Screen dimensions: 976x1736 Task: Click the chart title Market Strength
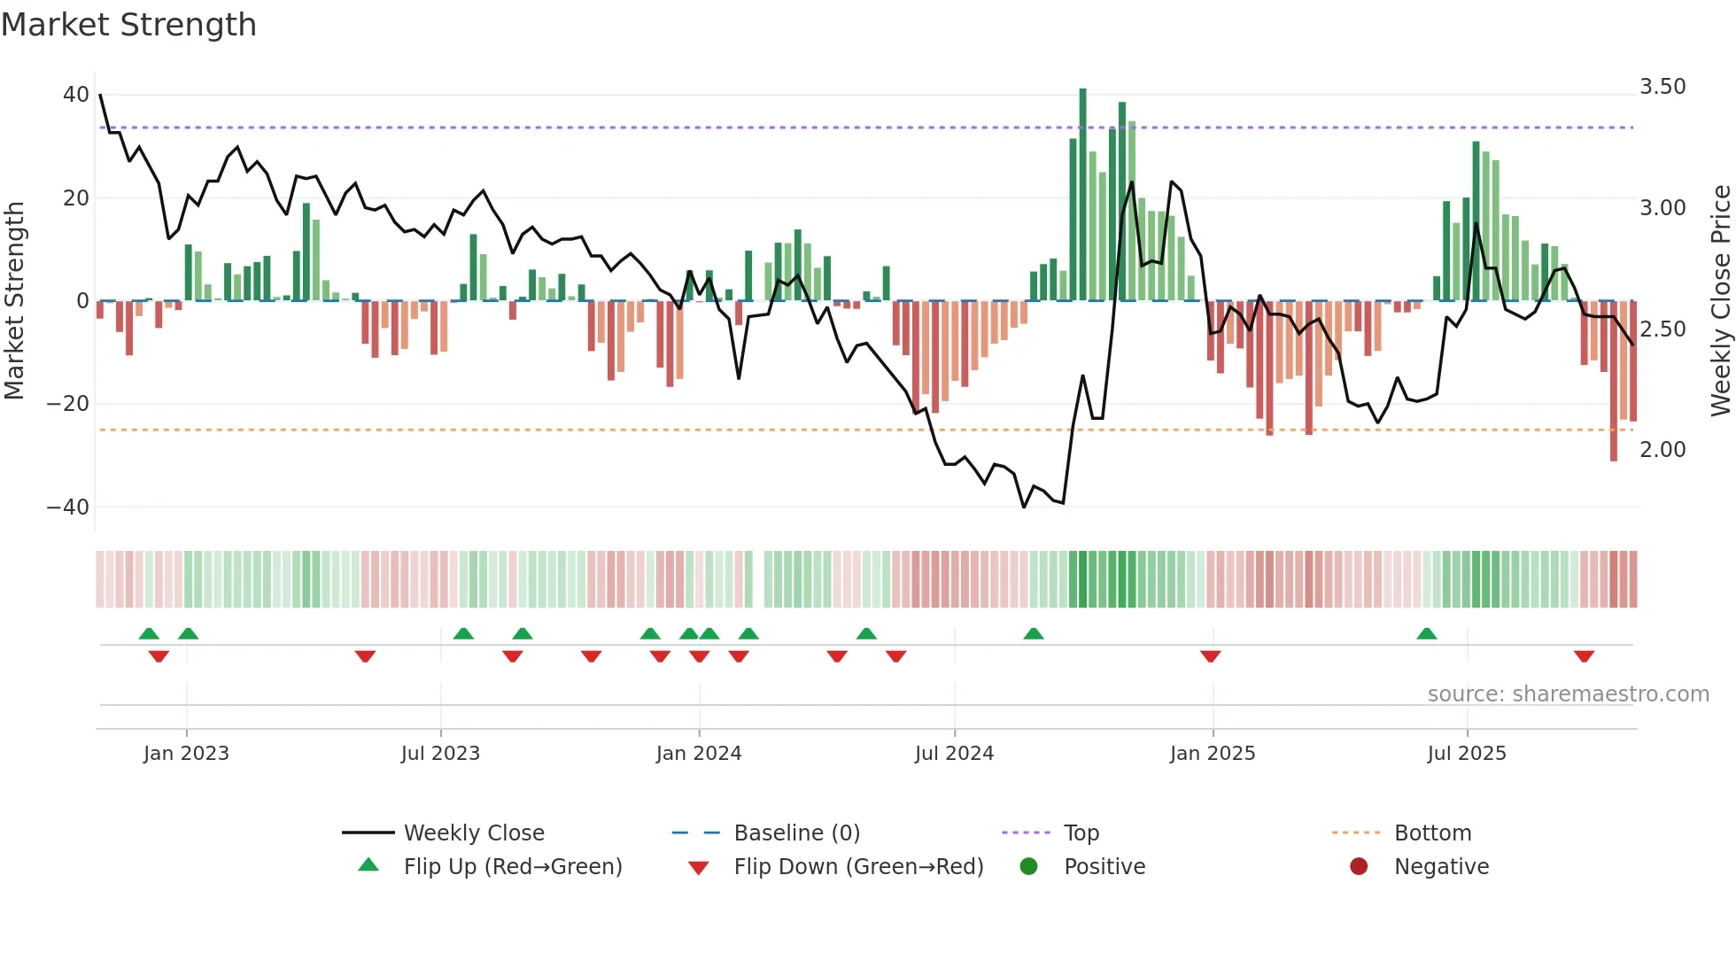pos(128,25)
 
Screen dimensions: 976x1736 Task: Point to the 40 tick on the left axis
pos(76,95)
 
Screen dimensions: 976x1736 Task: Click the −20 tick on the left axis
pos(68,404)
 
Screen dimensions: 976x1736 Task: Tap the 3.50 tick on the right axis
pos(1662,87)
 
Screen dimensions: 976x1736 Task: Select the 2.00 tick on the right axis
pos(1662,450)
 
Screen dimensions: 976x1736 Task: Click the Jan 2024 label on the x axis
pos(699,754)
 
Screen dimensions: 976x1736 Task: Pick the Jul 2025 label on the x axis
pos(1467,754)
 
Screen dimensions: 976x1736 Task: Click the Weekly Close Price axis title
pos(1720,301)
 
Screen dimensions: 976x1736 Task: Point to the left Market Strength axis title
pos(15,301)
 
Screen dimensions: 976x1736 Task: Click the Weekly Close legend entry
pos(474,833)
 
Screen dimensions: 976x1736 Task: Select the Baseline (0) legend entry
pos(797,833)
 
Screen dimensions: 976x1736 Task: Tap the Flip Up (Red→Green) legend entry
pos(513,867)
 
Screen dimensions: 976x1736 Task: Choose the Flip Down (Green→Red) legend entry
pos(858,867)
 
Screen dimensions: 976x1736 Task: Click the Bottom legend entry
pos(1432,833)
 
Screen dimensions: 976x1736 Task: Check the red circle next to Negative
pos(1359,867)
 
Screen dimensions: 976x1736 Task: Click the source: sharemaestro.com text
pos(1568,694)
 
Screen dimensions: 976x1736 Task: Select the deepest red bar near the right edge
pos(1614,381)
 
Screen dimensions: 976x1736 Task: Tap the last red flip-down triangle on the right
pos(1584,656)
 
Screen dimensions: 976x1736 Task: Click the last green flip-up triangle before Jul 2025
pos(1426,633)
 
